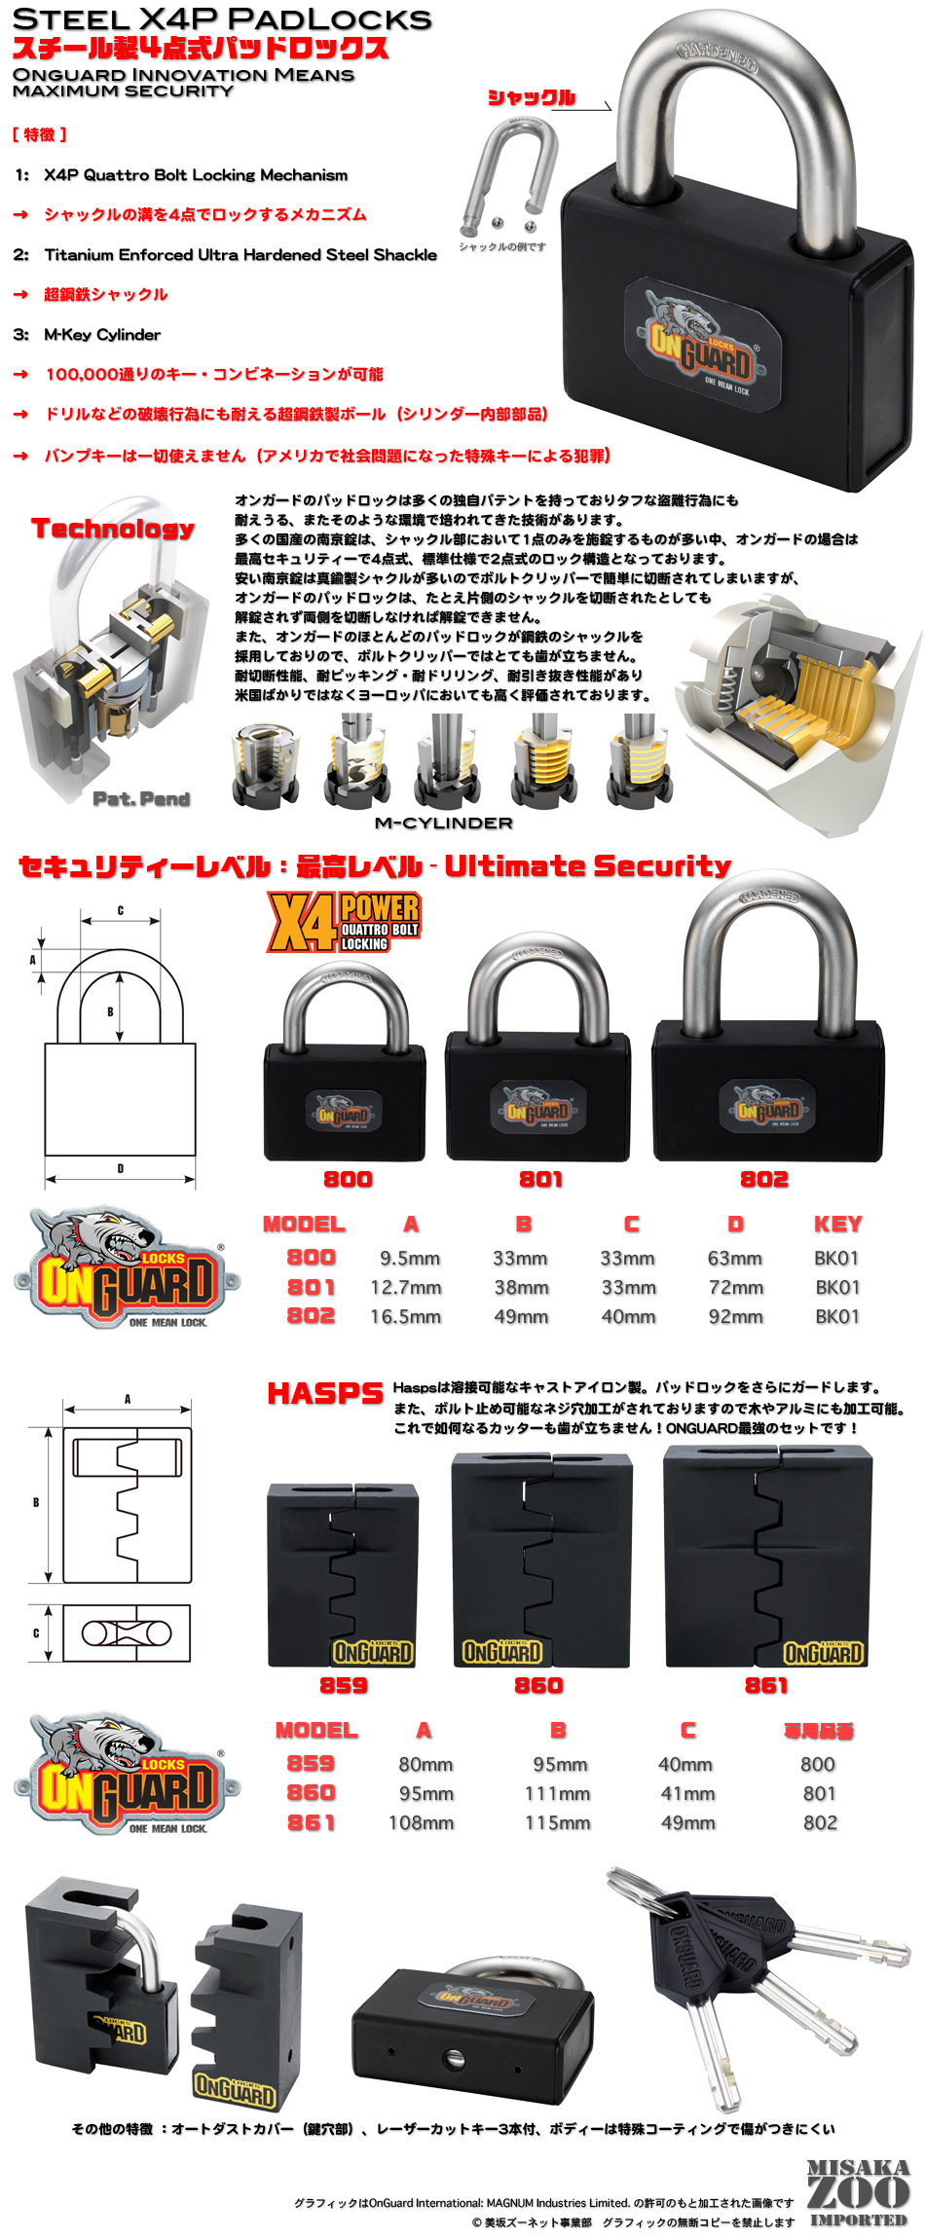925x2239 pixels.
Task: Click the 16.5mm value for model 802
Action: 405,1316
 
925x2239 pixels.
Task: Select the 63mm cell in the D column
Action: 734,1258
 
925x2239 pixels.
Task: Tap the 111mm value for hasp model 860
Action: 557,1793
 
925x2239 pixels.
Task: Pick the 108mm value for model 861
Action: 421,1822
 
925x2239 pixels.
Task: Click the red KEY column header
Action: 837,1224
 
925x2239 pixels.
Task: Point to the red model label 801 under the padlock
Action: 540,1179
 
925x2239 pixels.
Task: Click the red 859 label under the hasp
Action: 344,1685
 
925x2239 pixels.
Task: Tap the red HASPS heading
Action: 325,1393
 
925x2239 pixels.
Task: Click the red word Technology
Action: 113,529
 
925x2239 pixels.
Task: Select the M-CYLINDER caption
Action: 443,823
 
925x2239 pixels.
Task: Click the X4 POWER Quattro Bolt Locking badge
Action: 344,922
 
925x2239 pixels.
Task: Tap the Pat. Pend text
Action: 141,799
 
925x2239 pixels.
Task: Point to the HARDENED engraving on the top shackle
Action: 719,56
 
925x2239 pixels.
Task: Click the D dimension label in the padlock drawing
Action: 121,1168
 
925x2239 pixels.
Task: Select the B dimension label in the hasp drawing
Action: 36,1503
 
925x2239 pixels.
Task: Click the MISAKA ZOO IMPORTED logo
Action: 858,2192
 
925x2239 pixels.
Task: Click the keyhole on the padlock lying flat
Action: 452,2059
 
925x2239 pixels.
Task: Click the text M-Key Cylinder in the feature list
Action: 102,335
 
